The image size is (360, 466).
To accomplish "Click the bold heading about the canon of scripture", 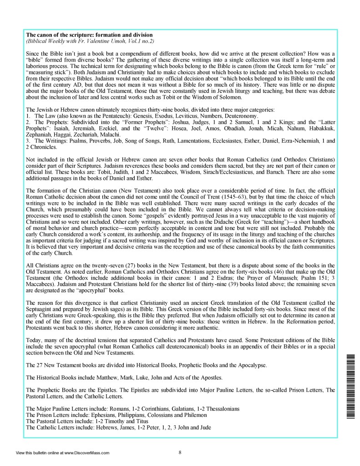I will coord(89,35).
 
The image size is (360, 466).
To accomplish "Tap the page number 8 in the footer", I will coord(180,452).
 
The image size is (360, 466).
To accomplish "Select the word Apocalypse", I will coord(260,365).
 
